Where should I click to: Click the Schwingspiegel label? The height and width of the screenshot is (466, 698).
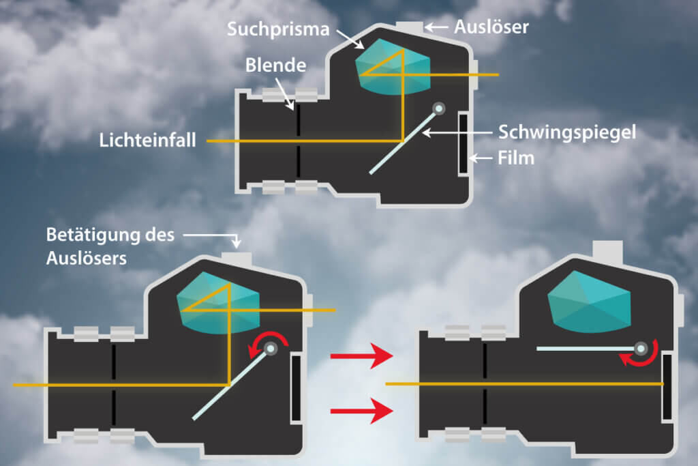click(566, 132)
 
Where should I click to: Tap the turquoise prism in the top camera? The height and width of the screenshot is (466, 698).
click(393, 67)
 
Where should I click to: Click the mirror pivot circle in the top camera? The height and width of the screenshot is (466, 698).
click(439, 108)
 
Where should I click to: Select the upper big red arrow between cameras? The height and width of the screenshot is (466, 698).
click(361, 357)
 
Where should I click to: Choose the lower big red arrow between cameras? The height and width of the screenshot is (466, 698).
click(361, 410)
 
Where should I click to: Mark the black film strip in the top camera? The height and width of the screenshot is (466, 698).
click(463, 143)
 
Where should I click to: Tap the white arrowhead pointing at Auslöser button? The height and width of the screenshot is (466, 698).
click(429, 28)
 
